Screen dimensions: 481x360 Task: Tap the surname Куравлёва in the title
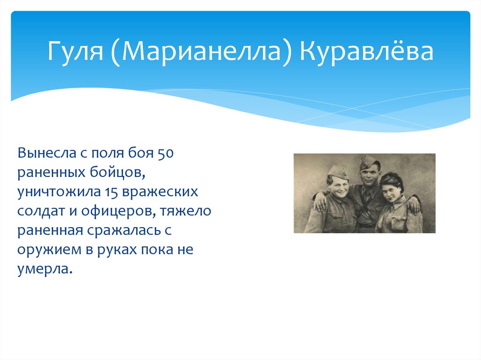click(366, 50)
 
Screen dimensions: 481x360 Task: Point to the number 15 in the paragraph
click(111, 192)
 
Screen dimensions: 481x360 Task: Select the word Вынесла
click(47, 153)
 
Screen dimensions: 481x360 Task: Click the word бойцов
click(117, 172)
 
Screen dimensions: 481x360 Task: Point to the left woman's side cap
click(336, 172)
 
